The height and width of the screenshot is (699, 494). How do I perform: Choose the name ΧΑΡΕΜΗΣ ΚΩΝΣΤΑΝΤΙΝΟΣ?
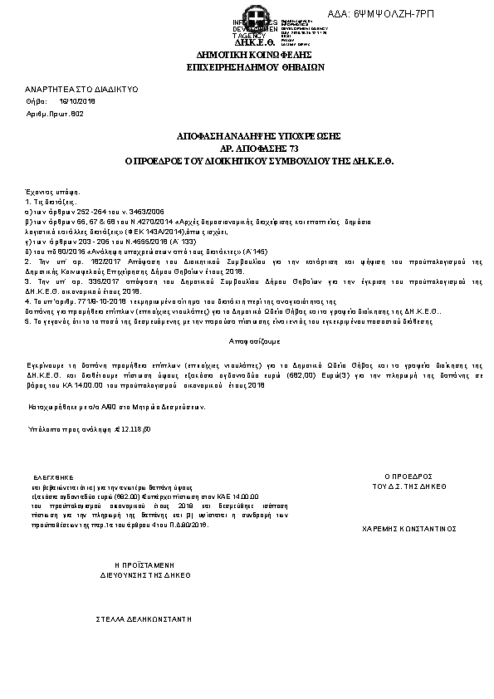tap(410, 527)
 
